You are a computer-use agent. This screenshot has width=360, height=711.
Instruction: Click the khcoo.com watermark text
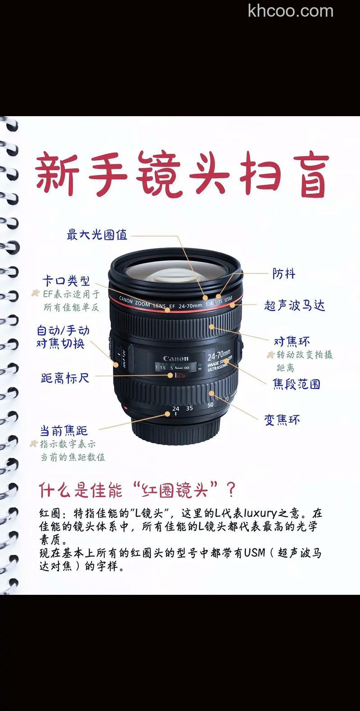coord(291,11)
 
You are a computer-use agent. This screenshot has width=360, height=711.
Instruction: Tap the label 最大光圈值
coord(97,235)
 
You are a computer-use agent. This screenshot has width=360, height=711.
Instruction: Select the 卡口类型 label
coord(66,281)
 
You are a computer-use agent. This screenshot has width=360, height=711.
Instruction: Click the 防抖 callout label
coord(284,274)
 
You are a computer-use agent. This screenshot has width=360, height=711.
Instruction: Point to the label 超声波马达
coord(295,305)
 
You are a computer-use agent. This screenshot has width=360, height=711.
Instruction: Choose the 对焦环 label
coord(292,341)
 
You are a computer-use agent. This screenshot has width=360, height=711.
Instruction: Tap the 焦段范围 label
coord(297,384)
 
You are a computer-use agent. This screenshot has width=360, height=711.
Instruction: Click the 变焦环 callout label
coord(282,420)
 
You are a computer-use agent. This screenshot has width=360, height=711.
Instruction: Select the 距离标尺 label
coord(65,378)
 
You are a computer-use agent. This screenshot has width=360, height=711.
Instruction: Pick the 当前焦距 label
coord(64,431)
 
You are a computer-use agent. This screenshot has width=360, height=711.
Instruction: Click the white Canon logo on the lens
coord(175,358)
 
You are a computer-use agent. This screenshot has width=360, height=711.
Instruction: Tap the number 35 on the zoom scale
coord(189,408)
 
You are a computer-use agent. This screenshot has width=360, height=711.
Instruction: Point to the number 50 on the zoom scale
coord(210,405)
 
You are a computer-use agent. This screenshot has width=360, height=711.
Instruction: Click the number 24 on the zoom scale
coord(175,408)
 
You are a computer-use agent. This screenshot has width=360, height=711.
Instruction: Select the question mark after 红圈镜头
coord(231,490)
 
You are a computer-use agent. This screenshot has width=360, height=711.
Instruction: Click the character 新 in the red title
coord(57,174)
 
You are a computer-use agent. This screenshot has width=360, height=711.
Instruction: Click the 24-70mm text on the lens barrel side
coord(219,356)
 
